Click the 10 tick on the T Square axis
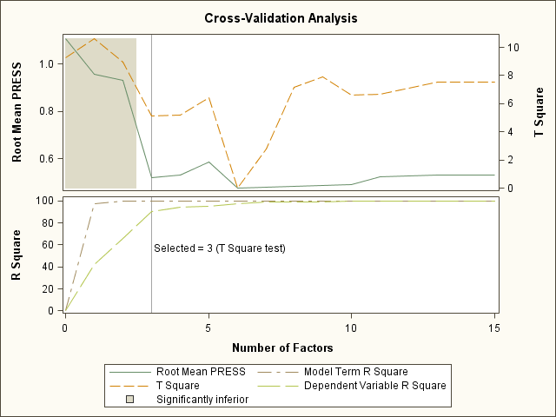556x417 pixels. [513, 47]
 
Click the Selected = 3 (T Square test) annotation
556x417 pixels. [220, 248]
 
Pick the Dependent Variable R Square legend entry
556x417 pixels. [364, 385]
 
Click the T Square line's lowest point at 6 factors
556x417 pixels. [237, 188]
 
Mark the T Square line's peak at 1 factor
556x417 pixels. [94, 38]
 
